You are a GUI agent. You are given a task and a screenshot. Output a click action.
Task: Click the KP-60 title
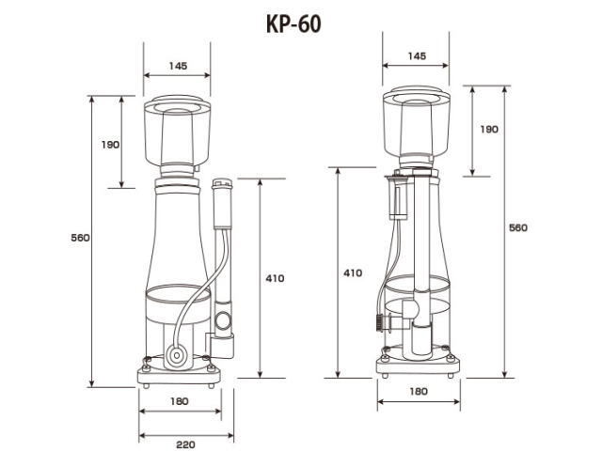click(293, 24)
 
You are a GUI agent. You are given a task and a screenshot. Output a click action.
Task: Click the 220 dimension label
click(185, 444)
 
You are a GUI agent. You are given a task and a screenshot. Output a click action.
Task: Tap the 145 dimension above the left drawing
click(178, 66)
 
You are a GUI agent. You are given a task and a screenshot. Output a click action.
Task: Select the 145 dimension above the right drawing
click(417, 56)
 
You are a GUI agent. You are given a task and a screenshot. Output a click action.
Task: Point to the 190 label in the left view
click(110, 145)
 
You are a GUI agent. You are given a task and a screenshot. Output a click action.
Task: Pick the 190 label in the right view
click(489, 130)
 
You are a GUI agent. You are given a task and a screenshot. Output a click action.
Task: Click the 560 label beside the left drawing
click(80, 238)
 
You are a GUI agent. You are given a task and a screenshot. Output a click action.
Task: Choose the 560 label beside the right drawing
click(518, 227)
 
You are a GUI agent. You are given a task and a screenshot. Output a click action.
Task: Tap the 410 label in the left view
click(275, 278)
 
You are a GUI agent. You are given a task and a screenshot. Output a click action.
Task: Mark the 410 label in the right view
click(353, 273)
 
